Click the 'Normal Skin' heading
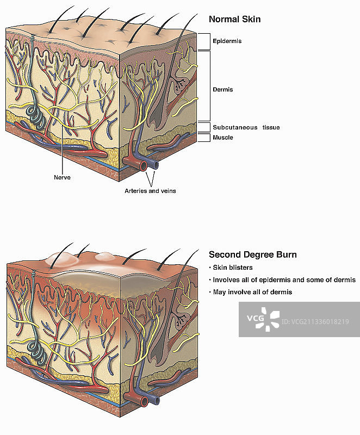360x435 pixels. [x=234, y=20]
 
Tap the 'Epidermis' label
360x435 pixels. [x=227, y=41]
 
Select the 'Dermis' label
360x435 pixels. [x=222, y=90]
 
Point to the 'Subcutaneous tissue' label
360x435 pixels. [x=239, y=128]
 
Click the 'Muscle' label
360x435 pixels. [x=222, y=138]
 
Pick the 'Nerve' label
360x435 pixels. [x=62, y=177]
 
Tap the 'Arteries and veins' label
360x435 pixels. [x=150, y=191]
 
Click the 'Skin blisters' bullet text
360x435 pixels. [x=232, y=268]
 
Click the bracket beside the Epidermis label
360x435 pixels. [x=203, y=41]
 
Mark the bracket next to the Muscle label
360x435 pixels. [x=203, y=138]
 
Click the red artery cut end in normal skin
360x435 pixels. [x=144, y=164]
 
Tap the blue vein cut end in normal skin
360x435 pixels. [x=155, y=164]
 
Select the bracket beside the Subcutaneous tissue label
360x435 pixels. [x=203, y=127]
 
